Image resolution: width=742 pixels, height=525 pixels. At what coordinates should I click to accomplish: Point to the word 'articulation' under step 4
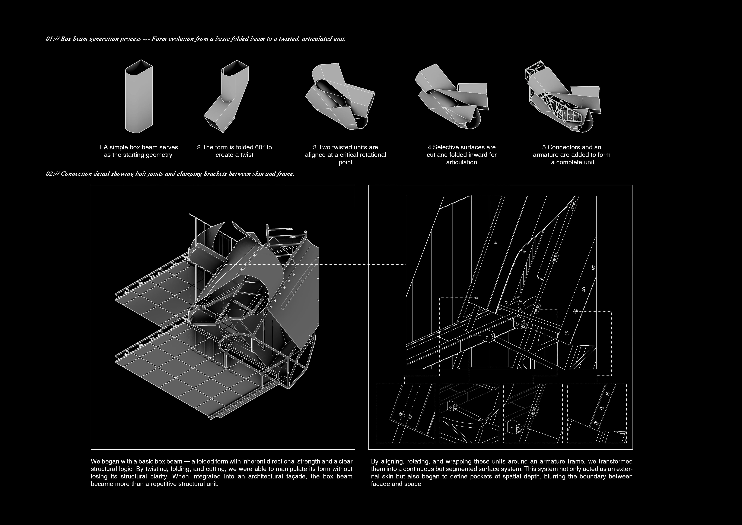(462, 162)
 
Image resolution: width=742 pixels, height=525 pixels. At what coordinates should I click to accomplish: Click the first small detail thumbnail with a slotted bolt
(405, 413)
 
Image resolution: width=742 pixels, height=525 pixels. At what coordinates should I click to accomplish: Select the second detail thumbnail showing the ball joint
(469, 413)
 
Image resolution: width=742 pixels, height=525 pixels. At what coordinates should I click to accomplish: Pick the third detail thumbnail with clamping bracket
(533, 413)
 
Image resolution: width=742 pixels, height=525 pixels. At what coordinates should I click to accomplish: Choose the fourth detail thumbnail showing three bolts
(597, 413)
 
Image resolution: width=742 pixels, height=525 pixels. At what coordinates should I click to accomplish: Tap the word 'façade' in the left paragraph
(296, 477)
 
